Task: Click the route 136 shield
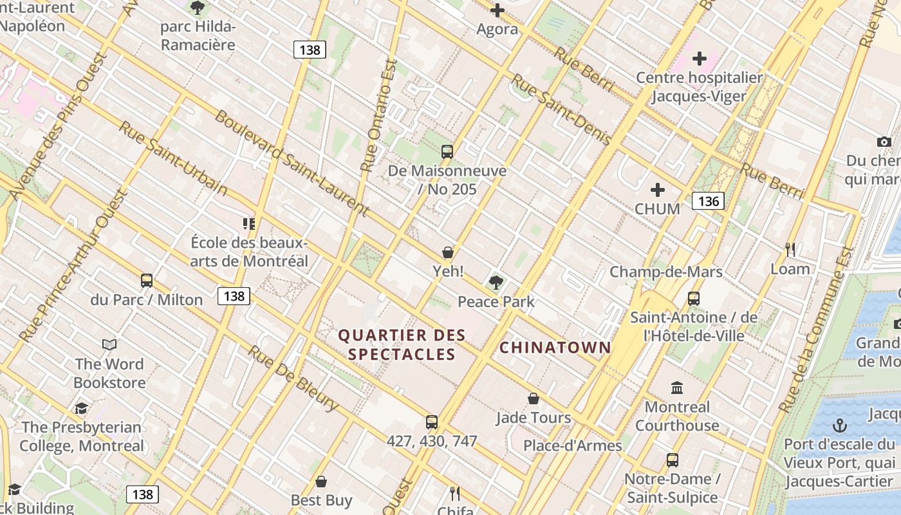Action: pos(708,201)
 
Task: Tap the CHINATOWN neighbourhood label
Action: pos(555,348)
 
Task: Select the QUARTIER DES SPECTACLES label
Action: pos(402,344)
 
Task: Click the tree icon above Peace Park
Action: pos(496,282)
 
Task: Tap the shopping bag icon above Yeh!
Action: pos(447,252)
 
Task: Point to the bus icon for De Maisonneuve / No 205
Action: pos(447,152)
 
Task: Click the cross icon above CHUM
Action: pos(657,190)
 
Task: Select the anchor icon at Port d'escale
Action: pos(839,426)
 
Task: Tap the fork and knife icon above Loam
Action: pos(790,249)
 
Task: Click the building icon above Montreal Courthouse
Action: pos(677,388)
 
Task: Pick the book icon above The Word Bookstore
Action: pos(109,345)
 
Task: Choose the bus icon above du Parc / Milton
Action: pos(147,281)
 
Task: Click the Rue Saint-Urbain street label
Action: pos(172,158)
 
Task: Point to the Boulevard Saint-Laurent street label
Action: pos(291,162)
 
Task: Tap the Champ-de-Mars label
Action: pos(666,272)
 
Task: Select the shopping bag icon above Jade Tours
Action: pos(533,398)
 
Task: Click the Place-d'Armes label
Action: pos(572,445)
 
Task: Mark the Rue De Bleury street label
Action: pos(293,379)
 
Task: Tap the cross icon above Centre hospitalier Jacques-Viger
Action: pos(699,59)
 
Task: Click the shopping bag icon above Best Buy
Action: pos(321,482)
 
